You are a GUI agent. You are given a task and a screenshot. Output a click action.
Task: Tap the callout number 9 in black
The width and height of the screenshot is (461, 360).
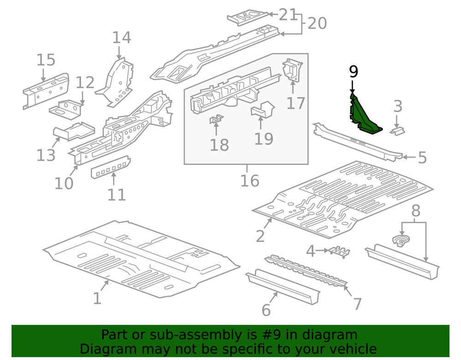[x=353, y=71]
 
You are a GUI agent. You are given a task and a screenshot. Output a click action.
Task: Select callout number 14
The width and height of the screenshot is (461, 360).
[x=122, y=38]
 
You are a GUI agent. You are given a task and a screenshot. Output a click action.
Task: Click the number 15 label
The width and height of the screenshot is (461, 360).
[x=46, y=60]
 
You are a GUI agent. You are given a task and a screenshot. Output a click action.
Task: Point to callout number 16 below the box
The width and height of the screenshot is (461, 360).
[x=249, y=180]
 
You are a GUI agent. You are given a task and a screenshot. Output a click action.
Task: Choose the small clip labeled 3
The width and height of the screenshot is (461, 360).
[x=397, y=131]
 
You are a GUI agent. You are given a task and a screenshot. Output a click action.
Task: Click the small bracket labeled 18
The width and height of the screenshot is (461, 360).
[x=216, y=120]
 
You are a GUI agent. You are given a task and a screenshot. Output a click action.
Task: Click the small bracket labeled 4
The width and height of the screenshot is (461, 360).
[x=339, y=251]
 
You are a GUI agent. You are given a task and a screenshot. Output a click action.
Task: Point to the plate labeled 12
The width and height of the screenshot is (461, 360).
[x=66, y=109]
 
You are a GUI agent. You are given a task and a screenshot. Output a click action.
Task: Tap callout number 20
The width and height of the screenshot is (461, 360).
[x=317, y=23]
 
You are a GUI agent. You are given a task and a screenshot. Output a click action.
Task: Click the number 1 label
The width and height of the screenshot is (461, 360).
[x=97, y=298]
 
